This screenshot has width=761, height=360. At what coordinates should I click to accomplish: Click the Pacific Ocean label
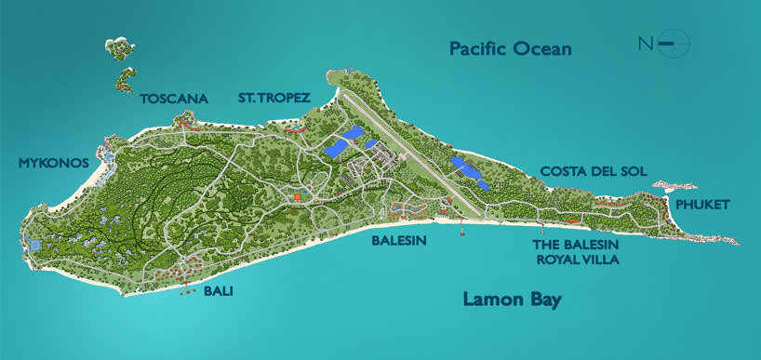coord(510,48)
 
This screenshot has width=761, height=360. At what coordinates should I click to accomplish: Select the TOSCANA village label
coord(174,98)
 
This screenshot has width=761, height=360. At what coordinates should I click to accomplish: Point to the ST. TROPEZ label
coord(274,98)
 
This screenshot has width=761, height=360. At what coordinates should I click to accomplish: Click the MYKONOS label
coord(53,163)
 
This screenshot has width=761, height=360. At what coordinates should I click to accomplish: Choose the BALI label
coord(218,292)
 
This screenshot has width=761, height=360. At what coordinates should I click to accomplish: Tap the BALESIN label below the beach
coord(398,240)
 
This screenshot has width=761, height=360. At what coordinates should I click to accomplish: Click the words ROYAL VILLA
coord(578,260)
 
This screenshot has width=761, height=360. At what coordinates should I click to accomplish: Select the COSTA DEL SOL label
coord(593,171)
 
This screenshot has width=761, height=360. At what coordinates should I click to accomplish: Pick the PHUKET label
coord(702,205)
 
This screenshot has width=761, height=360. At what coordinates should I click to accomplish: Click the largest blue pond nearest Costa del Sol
coord(465,168)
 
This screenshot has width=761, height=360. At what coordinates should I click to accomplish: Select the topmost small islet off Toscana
coord(119,45)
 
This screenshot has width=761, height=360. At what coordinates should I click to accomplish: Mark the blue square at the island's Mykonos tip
coord(34,245)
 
